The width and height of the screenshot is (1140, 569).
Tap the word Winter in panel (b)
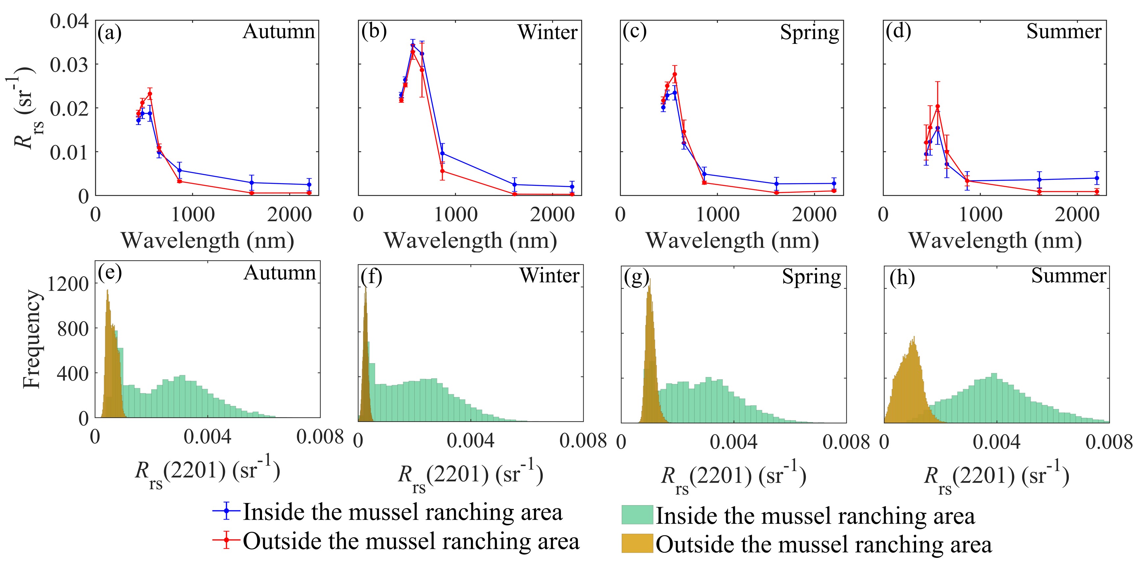point(547,32)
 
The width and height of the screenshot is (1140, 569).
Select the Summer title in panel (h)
point(1068,275)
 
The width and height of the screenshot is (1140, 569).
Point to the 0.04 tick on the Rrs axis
point(69,21)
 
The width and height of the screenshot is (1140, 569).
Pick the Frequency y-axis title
point(32,339)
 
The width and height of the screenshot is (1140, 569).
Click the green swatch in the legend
point(637,515)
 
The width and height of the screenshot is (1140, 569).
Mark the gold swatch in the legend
point(637,543)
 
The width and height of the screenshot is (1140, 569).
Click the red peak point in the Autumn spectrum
point(150,94)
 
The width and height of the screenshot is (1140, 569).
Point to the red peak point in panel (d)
point(937,106)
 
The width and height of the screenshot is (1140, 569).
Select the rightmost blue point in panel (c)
point(834,183)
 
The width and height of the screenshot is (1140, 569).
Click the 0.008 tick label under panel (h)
point(1109,442)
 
